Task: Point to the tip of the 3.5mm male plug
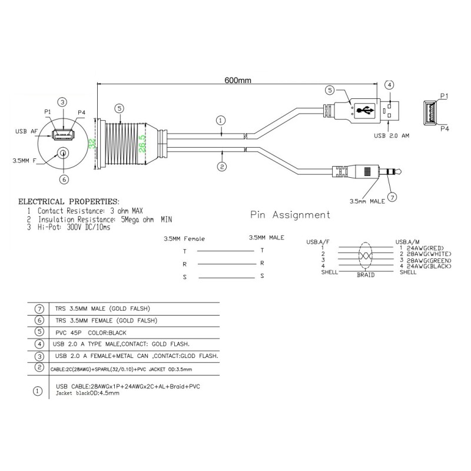tap(400, 173)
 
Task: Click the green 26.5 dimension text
tap(142, 143)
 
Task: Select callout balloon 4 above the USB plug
tap(389, 85)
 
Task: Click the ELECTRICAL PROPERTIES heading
tap(69, 201)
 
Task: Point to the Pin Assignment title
tap(290, 215)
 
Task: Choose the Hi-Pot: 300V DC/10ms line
tap(72, 227)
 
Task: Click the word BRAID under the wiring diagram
tap(366, 274)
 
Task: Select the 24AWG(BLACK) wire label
tap(426, 266)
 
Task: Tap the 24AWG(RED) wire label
tap(423, 248)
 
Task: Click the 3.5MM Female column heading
tap(185, 240)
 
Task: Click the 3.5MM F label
tap(25, 160)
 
